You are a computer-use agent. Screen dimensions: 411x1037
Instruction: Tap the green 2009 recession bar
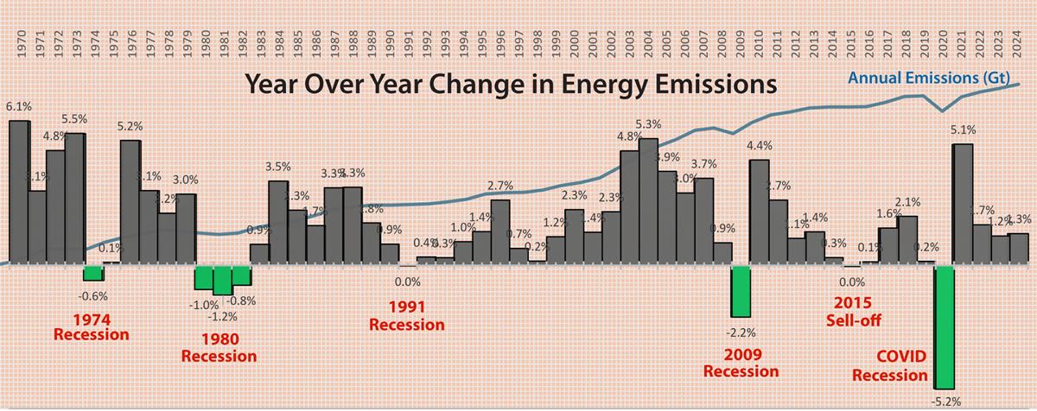tap(741, 291)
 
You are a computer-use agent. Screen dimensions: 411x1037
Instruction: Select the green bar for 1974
tap(93, 273)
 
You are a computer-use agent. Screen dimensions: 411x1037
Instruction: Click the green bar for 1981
tap(223, 280)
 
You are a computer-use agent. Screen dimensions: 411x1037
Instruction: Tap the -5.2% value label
tap(945, 402)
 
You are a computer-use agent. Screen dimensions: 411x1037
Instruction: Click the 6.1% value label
tap(19, 107)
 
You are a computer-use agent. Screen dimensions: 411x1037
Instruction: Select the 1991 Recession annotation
tap(406, 316)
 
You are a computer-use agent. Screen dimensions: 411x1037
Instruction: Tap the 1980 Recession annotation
tap(219, 347)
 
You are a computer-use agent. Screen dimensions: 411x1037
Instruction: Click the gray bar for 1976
tap(130, 202)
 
